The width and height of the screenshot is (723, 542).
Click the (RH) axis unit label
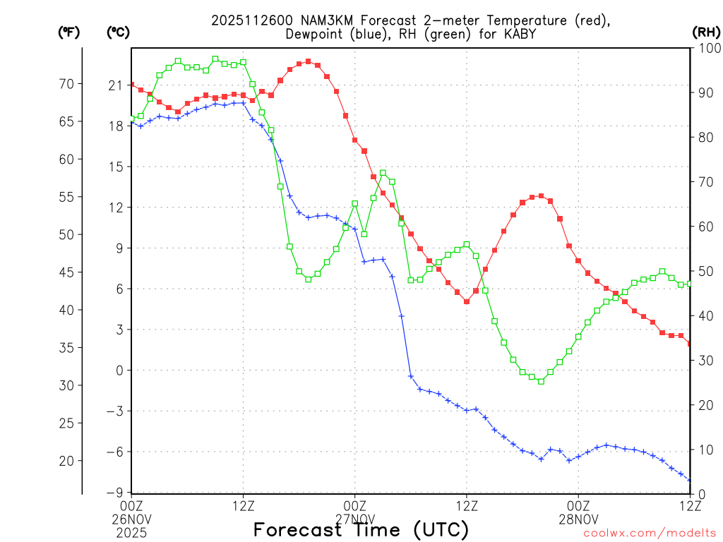click(706, 32)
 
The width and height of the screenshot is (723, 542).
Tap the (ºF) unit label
click(69, 32)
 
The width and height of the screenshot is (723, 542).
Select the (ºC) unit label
click(117, 32)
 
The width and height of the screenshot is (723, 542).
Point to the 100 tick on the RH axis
click(707, 48)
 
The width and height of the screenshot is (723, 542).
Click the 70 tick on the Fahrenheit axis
click(66, 84)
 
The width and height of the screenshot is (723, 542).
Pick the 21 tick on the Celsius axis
click(116, 85)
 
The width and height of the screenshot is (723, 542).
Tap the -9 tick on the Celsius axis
click(116, 493)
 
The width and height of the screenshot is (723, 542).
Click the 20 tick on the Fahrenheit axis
click(66, 461)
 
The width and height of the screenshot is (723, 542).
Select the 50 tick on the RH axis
click(704, 272)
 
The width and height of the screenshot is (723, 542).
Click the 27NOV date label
click(354, 517)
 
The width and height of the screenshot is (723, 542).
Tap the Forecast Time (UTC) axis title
click(361, 529)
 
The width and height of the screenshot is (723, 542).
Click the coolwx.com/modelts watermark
click(650, 533)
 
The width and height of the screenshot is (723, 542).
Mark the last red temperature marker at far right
click(690, 344)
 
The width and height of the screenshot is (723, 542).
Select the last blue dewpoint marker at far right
click(690, 481)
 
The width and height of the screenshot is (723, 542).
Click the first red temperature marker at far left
click(131, 85)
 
